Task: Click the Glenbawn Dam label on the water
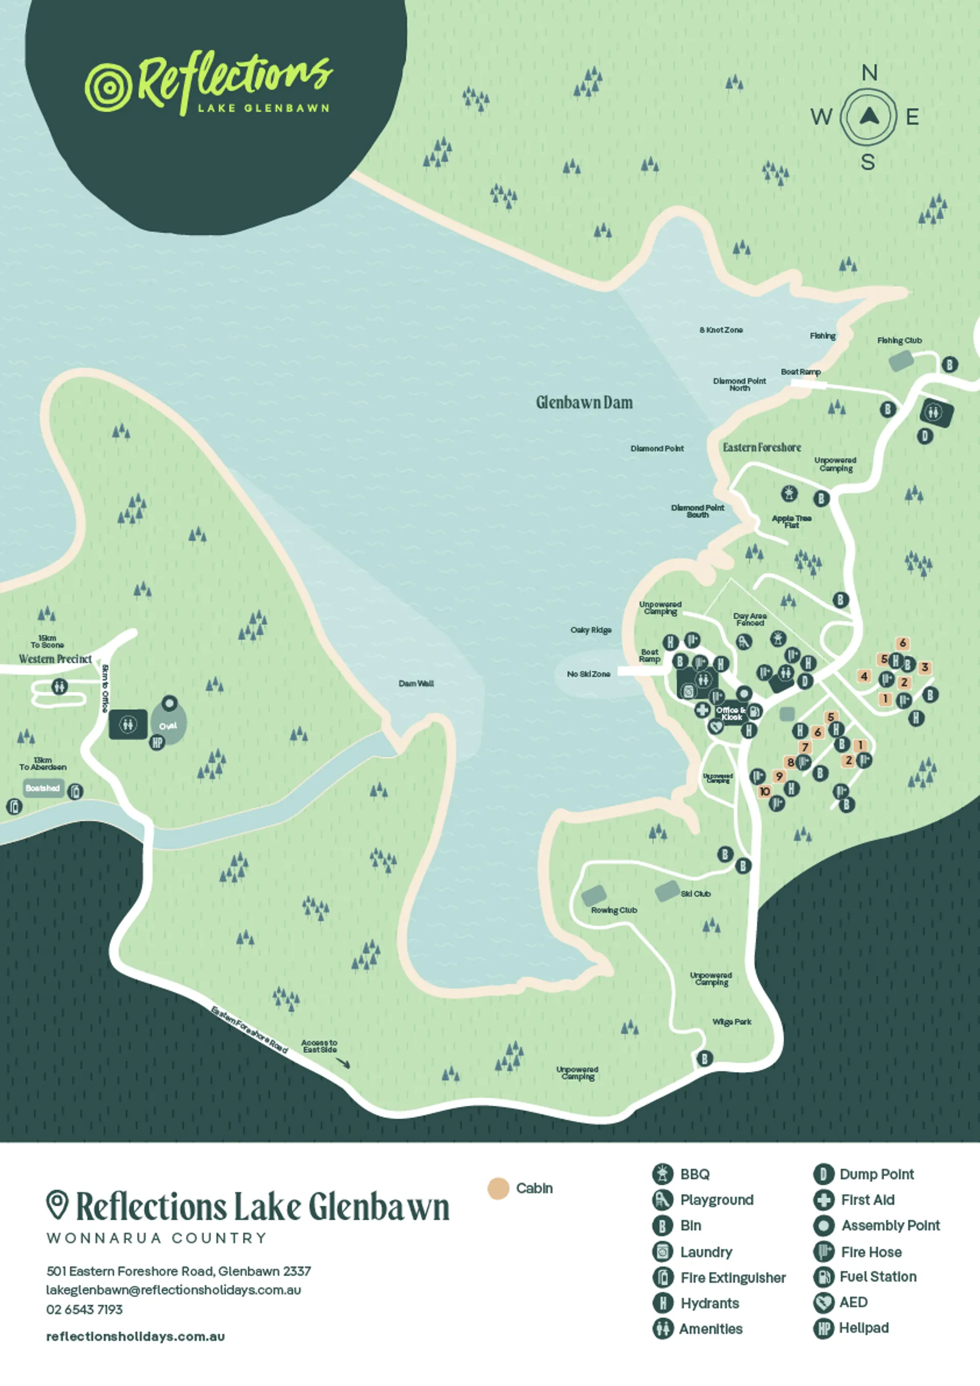pyautogui.click(x=584, y=403)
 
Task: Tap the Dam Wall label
pyautogui.click(x=416, y=684)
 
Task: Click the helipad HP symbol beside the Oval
pyautogui.click(x=157, y=742)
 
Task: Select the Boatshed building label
pyautogui.click(x=43, y=788)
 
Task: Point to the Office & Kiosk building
pyautogui.click(x=731, y=714)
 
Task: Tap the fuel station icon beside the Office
pyautogui.click(x=755, y=711)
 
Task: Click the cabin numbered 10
pyautogui.click(x=765, y=791)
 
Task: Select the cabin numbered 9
pyautogui.click(x=779, y=776)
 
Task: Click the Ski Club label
pyautogui.click(x=695, y=894)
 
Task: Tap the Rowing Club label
pyautogui.click(x=614, y=910)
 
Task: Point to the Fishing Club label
pyautogui.click(x=899, y=341)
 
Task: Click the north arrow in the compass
pyautogui.click(x=868, y=115)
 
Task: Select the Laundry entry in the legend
pyautogui.click(x=705, y=1252)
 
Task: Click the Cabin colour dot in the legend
pyautogui.click(x=499, y=1188)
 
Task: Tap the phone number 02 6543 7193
pyautogui.click(x=85, y=1309)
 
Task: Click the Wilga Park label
pyautogui.click(x=731, y=1022)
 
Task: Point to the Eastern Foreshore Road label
pyautogui.click(x=249, y=1030)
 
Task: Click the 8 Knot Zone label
pyautogui.click(x=721, y=330)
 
